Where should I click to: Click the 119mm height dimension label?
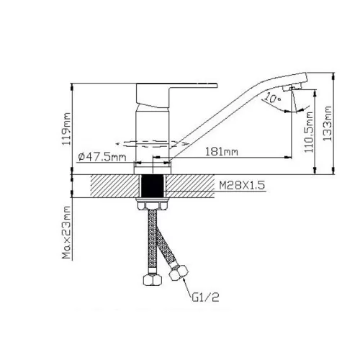66,129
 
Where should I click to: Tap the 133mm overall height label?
327,123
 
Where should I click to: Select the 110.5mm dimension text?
309,132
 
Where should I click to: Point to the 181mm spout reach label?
222,152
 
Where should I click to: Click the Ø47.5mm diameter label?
102,157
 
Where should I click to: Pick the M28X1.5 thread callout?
242,185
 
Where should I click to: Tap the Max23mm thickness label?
66,233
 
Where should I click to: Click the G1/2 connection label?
205,297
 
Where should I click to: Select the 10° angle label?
273,98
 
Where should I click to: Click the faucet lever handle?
168,95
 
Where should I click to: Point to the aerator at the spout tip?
292,87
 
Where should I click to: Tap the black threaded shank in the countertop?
153,186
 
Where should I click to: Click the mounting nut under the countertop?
153,204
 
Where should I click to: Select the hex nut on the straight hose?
153,279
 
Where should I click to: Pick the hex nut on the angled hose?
179,272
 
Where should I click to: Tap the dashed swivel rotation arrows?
153,143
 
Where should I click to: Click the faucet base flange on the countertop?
153,168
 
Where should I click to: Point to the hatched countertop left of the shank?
115,186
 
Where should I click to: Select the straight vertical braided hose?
152,242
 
